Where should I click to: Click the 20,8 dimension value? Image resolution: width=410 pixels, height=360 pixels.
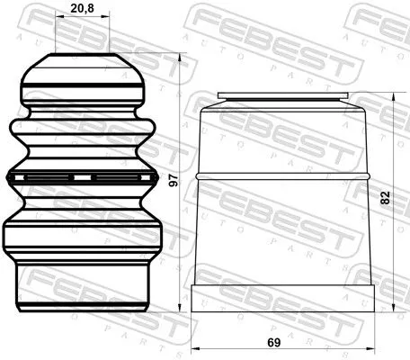[x=81, y=12]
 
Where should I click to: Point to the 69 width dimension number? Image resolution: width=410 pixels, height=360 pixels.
[x=284, y=343]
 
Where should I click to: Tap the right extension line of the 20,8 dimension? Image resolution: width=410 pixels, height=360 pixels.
[x=110, y=36]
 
